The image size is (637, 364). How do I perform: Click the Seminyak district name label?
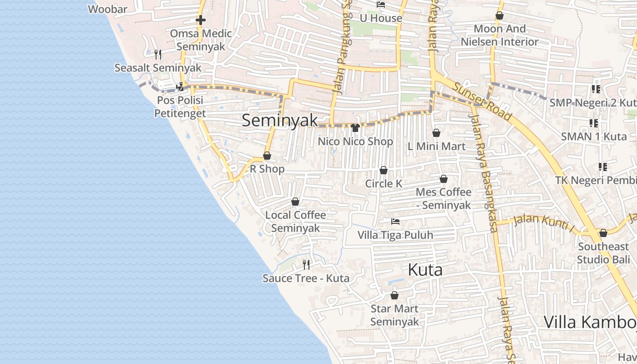(279, 120)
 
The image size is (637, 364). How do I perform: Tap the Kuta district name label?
(425, 270)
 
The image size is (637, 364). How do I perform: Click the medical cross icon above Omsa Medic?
(201, 20)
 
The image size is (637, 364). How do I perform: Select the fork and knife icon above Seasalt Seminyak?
(158, 55)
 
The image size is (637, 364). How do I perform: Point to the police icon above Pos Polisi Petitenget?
(180, 86)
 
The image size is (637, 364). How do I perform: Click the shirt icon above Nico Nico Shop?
(355, 128)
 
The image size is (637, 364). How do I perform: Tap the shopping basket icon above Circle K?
(384, 170)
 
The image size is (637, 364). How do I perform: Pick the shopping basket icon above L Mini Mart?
(436, 133)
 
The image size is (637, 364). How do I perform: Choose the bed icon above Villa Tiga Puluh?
(395, 222)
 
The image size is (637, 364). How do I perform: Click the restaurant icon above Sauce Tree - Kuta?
(306, 264)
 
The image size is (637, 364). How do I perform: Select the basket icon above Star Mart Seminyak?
(394, 295)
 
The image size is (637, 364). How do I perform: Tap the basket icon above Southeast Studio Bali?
(603, 233)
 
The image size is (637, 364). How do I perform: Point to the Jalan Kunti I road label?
(544, 222)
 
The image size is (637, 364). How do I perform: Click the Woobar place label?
(107, 9)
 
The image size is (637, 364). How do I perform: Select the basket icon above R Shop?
(267, 156)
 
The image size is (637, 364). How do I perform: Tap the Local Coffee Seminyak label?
(296, 221)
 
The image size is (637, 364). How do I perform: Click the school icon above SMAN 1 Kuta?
(593, 123)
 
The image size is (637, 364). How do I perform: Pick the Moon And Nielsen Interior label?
(500, 35)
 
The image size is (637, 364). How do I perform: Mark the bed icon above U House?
(381, 5)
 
